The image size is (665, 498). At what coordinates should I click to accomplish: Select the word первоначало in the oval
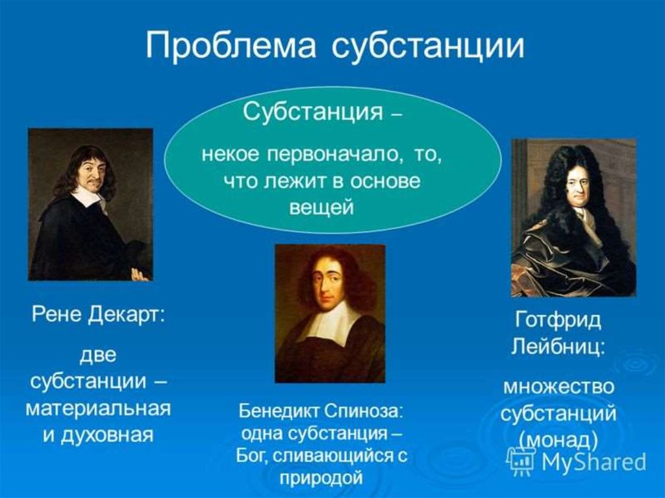pos(334,154)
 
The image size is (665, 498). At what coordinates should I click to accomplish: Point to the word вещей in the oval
pos(321,208)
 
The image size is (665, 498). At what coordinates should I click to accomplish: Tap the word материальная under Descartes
pos(98,408)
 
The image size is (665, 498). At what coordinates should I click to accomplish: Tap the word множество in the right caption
pos(558,387)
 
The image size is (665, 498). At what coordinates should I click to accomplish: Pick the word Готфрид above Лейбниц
pos(558,321)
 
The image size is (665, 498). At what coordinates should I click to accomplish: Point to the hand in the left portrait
pos(140,274)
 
